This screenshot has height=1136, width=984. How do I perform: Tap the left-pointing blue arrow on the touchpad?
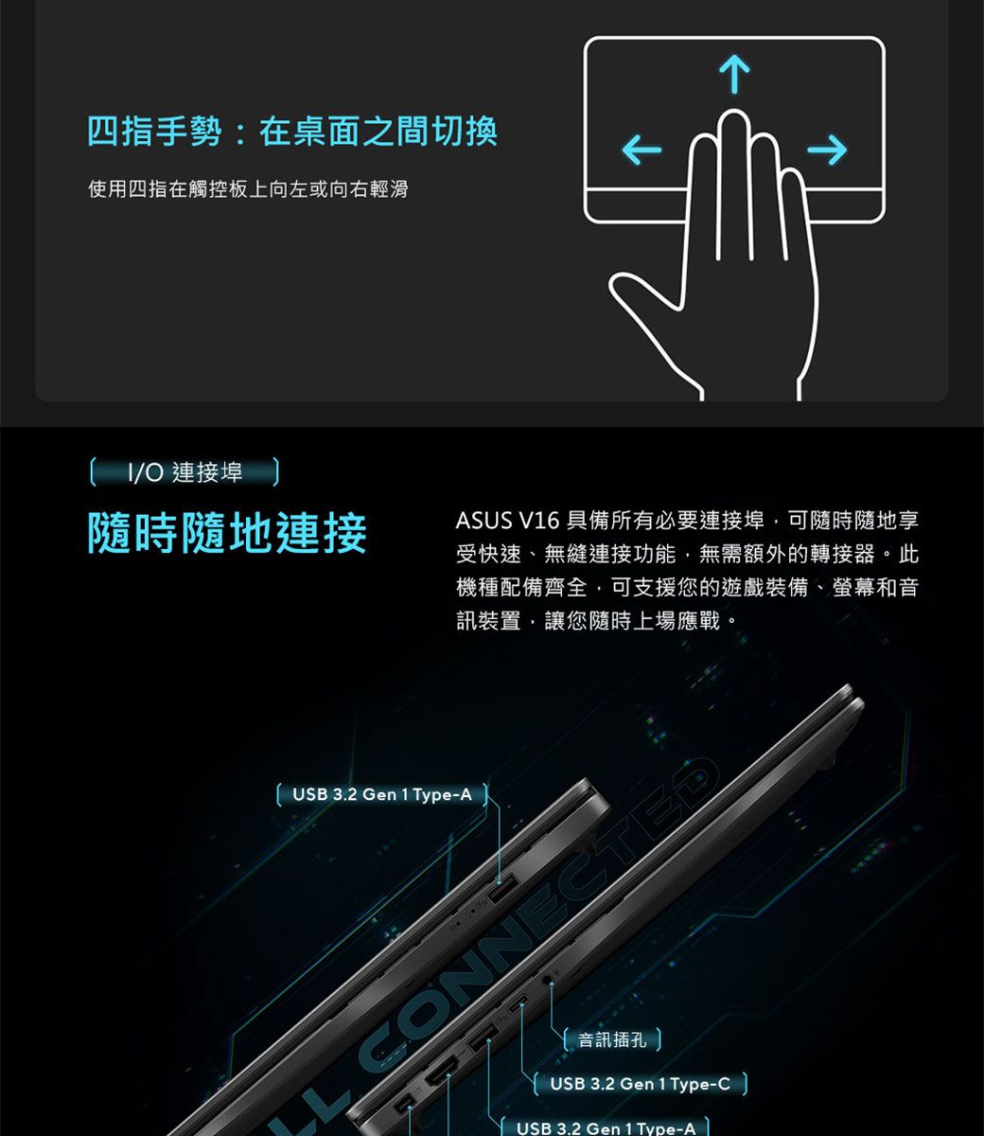coord(642,150)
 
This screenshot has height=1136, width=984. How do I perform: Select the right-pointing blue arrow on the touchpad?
coord(828,150)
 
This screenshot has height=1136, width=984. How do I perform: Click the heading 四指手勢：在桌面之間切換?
coord(292,131)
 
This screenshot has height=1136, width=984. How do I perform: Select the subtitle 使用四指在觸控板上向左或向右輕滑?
coord(248,189)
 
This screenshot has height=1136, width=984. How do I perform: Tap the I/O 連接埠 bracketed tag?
coord(184,471)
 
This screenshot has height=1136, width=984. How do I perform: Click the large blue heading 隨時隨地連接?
coord(227,533)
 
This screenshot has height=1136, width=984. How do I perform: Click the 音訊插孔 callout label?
coord(612,1039)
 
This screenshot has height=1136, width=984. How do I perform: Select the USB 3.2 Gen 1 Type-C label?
coord(640,1083)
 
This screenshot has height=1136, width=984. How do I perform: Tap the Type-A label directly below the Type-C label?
coord(606,1127)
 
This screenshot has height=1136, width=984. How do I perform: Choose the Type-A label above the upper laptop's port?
coord(381,794)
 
